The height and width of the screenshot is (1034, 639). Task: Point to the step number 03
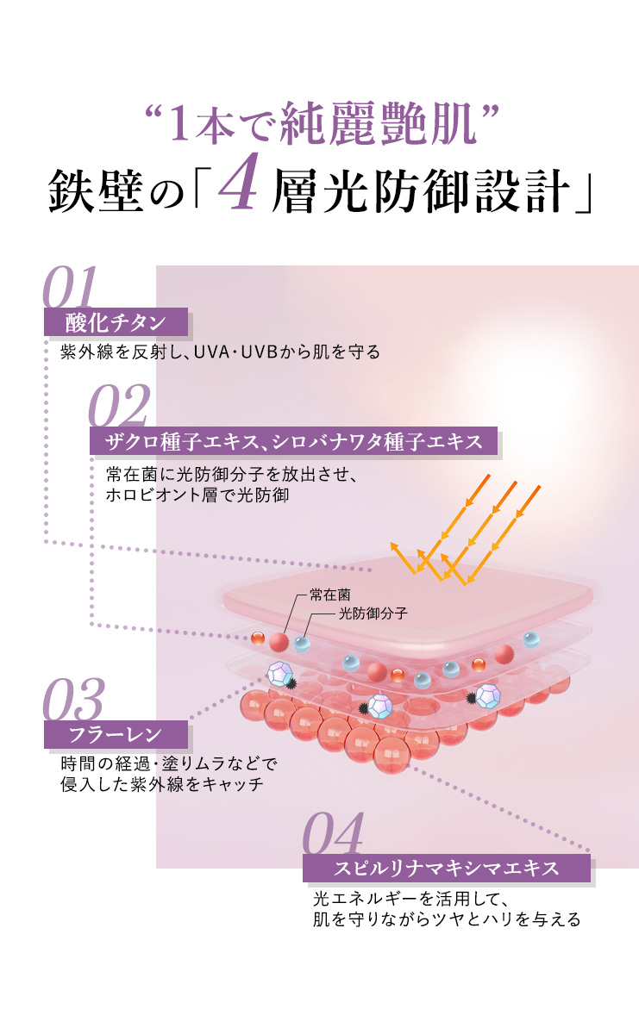pos(74,701)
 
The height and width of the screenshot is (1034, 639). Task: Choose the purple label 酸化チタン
pos(116,322)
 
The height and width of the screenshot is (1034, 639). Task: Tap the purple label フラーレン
pos(116,735)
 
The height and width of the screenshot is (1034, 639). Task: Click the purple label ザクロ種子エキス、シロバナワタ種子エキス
pos(294,441)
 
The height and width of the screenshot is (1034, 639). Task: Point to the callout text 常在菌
pos(330,595)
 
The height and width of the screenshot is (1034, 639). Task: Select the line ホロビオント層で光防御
pos(197,495)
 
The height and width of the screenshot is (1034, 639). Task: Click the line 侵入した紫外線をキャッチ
pos(161,785)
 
